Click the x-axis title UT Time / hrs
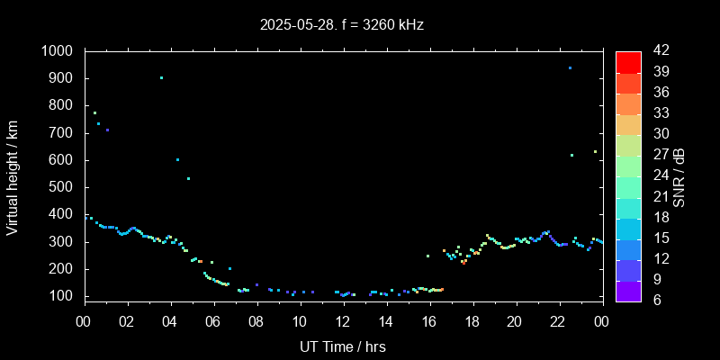pos(343,346)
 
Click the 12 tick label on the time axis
pos(342,320)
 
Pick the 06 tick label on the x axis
pos(213,320)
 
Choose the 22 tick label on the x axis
pos(558,320)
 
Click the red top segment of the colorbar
pos(628,61)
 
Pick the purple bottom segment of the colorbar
pos(628,290)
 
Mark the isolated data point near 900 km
pos(161,77)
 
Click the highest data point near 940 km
pos(570,67)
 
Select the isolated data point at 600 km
pos(177,159)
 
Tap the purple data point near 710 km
pos(107,130)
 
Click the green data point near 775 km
pos(94,112)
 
